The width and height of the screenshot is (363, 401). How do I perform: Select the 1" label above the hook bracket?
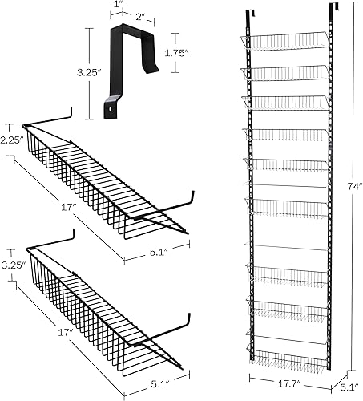click(118, 6)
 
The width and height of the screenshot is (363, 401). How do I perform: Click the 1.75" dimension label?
click(187, 52)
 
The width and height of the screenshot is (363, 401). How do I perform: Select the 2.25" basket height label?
click(10, 140)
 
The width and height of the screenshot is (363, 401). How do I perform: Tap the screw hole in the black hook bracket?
click(111, 105)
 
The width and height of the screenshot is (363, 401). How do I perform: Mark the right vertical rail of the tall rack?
click(329, 200)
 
